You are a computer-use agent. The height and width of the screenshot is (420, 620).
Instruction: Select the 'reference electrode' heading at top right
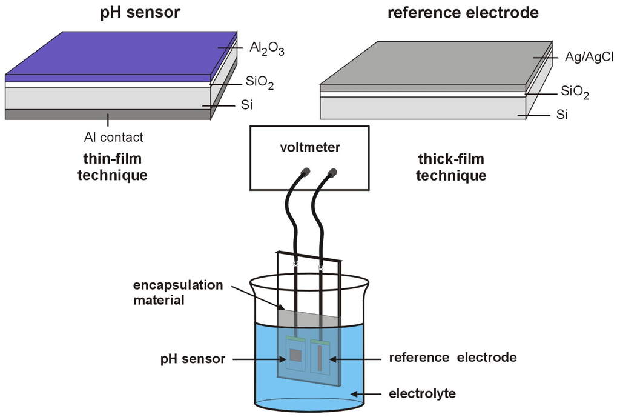coord(463,12)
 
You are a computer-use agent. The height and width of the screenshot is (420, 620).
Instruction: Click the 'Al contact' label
coord(114,137)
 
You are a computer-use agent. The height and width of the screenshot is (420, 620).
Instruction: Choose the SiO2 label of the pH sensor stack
coord(259,84)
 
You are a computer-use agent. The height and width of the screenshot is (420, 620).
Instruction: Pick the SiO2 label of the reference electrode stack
coord(575,92)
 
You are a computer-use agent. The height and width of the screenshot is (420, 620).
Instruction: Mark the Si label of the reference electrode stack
coord(561,115)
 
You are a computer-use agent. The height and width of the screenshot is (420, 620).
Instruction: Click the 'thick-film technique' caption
coord(452,167)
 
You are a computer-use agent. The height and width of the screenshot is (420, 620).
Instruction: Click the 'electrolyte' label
coord(422,395)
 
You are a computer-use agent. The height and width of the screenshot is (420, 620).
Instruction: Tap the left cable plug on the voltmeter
coord(306,173)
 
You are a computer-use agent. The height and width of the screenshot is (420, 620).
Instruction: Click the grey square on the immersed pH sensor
coord(295,355)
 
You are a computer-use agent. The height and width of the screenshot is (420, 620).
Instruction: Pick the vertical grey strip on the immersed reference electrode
coord(320,358)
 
